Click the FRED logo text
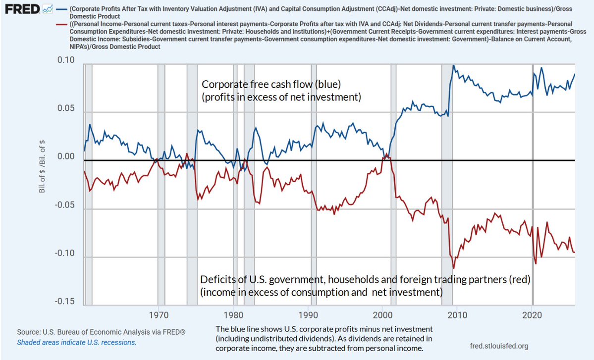pyautogui.click(x=22, y=9)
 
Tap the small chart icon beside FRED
pyautogui.click(x=48, y=9)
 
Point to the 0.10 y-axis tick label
pyautogui.click(x=66, y=60)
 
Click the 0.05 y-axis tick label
pyautogui.click(x=66, y=108)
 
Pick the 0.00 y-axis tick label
pyautogui.click(x=66, y=156)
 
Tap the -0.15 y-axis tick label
pyautogui.click(x=64, y=302)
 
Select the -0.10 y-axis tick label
pyautogui.click(x=64, y=253)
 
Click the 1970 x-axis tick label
pyautogui.click(x=159, y=315)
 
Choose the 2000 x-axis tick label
pyautogui.click(x=383, y=315)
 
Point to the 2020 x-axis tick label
pyautogui.click(x=533, y=315)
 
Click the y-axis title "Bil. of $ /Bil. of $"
pyautogui.click(x=42, y=166)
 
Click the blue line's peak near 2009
pyautogui.click(x=453, y=65)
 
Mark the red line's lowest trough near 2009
pyautogui.click(x=453, y=268)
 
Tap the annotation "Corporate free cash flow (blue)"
pyautogui.click(x=271, y=84)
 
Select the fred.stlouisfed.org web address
pyautogui.click(x=499, y=346)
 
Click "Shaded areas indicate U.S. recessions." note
pyautogui.click(x=76, y=342)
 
